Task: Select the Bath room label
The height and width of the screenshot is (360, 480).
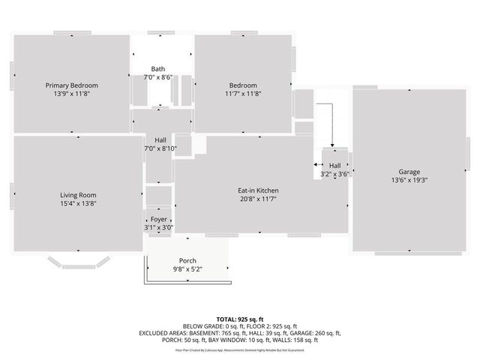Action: click(157, 68)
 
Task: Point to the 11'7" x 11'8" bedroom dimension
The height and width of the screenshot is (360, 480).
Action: click(243, 94)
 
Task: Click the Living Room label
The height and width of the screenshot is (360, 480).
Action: click(78, 194)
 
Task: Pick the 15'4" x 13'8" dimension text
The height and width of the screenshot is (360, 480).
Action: click(78, 203)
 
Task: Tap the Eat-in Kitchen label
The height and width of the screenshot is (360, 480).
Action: click(258, 190)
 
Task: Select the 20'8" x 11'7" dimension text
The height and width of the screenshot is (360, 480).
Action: click(258, 199)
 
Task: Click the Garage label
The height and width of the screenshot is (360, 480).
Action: click(409, 172)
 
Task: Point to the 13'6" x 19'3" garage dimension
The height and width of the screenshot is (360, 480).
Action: click(409, 181)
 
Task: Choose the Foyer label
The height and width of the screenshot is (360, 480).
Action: click(158, 219)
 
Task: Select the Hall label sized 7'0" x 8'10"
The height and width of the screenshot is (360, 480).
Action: click(160, 139)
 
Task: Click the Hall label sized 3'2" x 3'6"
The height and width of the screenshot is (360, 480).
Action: click(334, 165)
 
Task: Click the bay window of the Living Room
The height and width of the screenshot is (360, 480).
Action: click(78, 262)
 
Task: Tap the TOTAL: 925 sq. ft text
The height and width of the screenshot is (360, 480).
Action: click(240, 319)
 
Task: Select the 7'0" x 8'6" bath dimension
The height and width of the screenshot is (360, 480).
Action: click(157, 76)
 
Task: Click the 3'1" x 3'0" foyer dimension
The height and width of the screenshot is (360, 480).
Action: click(158, 228)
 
